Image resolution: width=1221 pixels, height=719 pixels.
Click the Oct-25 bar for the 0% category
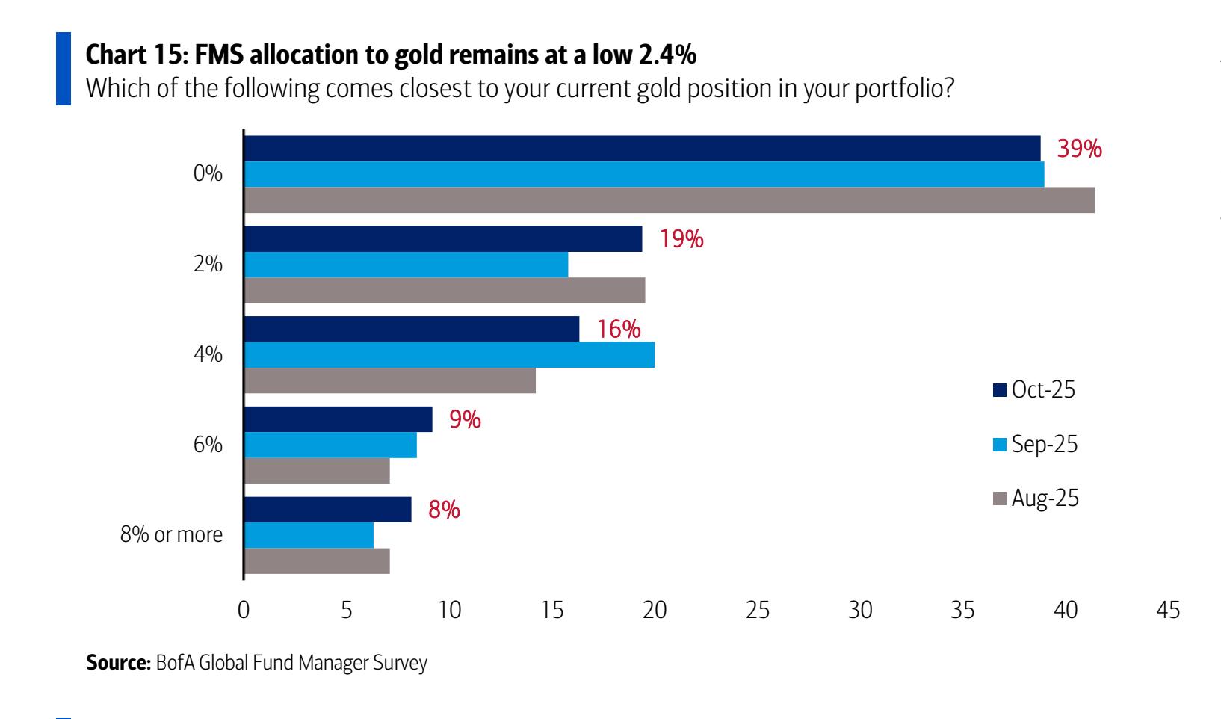tap(643, 148)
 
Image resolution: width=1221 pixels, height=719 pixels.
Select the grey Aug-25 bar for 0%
tap(670, 200)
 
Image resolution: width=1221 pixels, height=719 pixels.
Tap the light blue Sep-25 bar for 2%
tap(407, 265)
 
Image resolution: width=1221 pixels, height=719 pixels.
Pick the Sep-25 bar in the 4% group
tap(450, 355)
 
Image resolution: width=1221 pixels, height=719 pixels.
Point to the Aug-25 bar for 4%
tap(390, 380)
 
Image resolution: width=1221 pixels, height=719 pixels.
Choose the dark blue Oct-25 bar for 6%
tap(339, 419)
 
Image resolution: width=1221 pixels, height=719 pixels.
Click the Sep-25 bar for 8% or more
tap(309, 535)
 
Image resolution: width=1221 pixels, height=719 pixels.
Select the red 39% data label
tap(1079, 149)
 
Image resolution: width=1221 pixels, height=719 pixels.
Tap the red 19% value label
tap(681, 239)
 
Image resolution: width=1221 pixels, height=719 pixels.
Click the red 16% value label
tap(618, 329)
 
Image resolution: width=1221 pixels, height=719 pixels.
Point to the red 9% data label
tap(464, 419)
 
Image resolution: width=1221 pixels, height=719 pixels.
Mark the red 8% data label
tap(443, 510)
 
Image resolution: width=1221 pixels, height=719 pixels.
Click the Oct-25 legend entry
tap(1034, 389)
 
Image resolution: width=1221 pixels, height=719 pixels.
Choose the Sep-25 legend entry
tap(1036, 444)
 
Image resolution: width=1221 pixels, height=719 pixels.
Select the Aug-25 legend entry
tap(1036, 499)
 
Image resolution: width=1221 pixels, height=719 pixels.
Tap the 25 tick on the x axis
tap(757, 611)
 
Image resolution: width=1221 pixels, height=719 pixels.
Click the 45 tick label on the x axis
tap(1167, 611)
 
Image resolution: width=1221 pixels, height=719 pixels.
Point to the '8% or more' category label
tap(171, 535)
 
